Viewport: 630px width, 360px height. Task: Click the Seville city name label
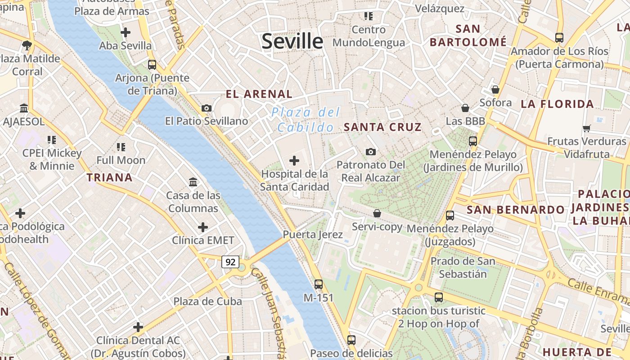click(x=292, y=41)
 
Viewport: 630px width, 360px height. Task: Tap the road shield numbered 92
click(x=230, y=261)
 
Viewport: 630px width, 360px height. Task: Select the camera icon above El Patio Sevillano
click(x=207, y=108)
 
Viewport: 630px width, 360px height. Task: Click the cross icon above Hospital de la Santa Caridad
click(x=294, y=160)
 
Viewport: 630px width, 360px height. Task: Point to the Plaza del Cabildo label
click(x=306, y=120)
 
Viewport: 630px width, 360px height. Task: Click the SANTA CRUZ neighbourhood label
click(x=382, y=127)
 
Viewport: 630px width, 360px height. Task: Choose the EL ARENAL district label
click(x=259, y=94)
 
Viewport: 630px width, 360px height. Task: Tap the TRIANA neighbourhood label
click(x=110, y=177)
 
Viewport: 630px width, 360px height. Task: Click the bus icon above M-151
click(x=319, y=284)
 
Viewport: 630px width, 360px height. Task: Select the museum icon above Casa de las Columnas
click(x=193, y=182)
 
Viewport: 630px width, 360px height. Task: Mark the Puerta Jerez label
click(x=313, y=234)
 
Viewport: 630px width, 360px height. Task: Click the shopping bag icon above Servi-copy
click(x=377, y=213)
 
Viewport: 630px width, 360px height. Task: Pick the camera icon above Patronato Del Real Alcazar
click(x=371, y=152)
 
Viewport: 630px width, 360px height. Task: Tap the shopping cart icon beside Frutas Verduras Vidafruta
click(x=586, y=129)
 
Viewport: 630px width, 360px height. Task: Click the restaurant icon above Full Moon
click(x=121, y=147)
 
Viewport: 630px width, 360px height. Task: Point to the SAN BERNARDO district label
click(x=515, y=210)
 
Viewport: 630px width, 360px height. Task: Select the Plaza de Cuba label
click(x=207, y=301)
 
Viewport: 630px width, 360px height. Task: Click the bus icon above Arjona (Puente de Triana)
click(x=152, y=64)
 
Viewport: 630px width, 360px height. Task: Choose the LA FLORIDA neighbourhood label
click(x=557, y=104)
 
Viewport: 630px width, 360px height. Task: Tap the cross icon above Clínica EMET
click(x=203, y=227)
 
